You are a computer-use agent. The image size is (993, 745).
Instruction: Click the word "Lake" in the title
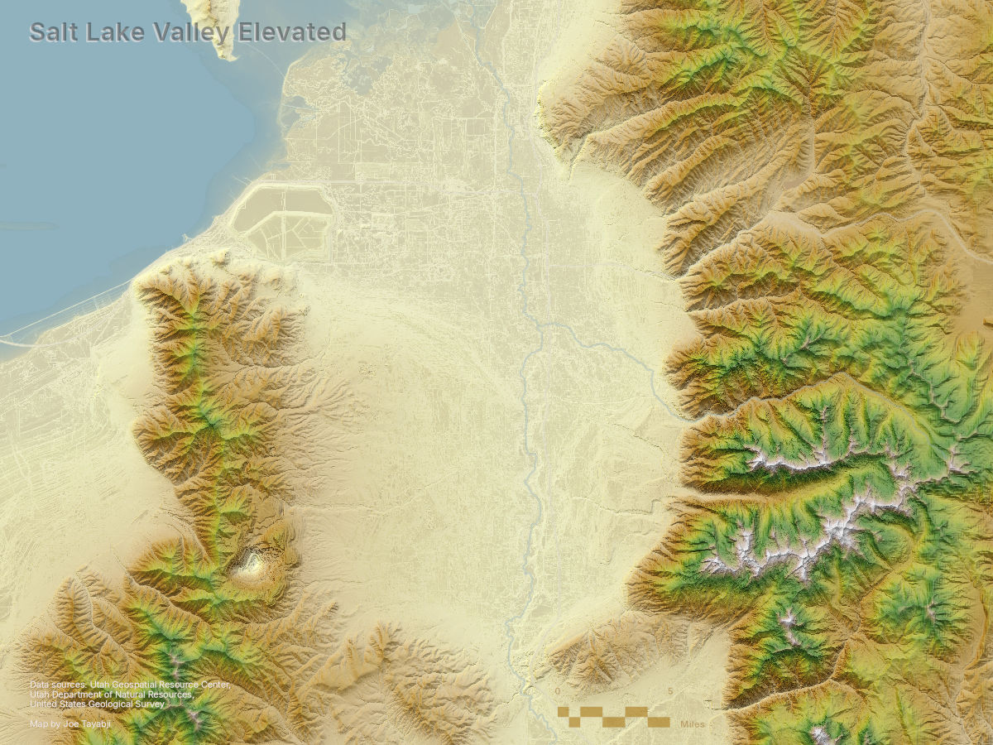click(x=115, y=32)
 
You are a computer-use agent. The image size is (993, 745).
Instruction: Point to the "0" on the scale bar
click(x=558, y=691)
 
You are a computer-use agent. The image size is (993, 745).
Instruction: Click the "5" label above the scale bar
click(x=669, y=691)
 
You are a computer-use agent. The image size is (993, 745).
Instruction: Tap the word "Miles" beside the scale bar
click(x=693, y=723)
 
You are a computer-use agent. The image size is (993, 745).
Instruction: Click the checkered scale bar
click(x=613, y=717)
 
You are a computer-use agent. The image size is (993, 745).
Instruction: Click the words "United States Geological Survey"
click(x=97, y=704)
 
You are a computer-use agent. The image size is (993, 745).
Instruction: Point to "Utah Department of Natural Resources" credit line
click(x=112, y=695)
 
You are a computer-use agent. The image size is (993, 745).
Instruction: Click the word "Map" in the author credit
click(x=38, y=723)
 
